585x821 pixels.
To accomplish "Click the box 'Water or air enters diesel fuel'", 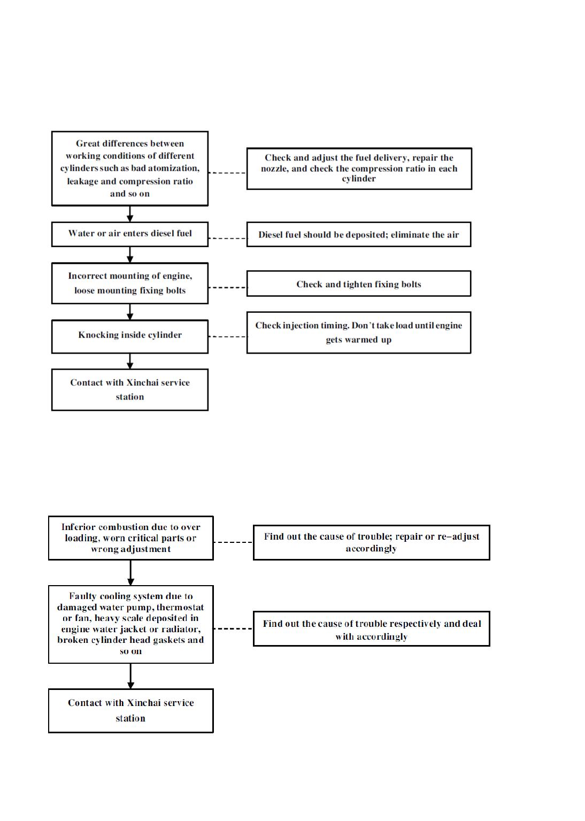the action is point(130,234).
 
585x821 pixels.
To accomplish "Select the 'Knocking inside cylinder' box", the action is point(130,336).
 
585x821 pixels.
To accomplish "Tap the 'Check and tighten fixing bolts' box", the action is point(359,283).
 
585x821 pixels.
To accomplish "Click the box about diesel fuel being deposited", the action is point(359,234).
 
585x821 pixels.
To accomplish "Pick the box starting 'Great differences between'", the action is point(130,168).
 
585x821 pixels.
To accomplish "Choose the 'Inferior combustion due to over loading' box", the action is point(131,538).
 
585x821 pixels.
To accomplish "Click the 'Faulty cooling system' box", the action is point(131,624).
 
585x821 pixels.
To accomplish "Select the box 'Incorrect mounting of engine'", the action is point(130,283).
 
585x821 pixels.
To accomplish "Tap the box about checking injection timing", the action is point(359,333).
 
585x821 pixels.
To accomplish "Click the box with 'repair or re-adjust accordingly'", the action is point(371,542).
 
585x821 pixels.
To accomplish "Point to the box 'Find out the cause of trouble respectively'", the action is point(371,628).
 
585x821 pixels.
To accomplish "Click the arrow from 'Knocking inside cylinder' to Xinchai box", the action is point(130,362).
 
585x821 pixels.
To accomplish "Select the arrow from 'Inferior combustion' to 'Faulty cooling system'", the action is point(131,573).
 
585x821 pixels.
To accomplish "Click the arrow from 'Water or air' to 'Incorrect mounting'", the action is point(130,255).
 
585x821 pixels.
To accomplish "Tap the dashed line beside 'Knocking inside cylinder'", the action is point(228,336).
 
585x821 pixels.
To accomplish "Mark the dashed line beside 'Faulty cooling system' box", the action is point(234,628).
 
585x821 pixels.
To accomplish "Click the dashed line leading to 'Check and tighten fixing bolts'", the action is point(228,287).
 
